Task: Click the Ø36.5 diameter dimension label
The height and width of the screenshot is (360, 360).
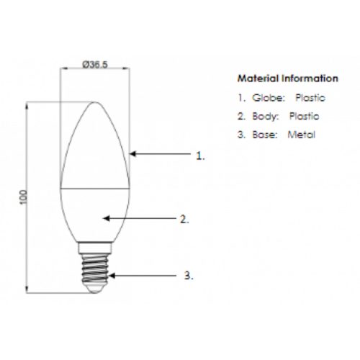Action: click(x=95, y=64)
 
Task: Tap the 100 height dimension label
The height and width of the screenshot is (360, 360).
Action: click(x=23, y=197)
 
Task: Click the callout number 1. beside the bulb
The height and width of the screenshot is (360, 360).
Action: click(x=200, y=156)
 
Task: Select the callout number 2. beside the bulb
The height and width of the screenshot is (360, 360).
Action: click(x=184, y=219)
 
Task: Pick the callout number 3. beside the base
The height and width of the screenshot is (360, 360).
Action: click(x=189, y=275)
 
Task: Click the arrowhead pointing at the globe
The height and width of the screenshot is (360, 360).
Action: click(x=132, y=153)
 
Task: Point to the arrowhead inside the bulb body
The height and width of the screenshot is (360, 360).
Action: click(x=107, y=218)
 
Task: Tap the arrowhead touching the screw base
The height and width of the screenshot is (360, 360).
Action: click(x=112, y=276)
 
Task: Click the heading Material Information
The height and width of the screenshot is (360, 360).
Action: click(x=288, y=78)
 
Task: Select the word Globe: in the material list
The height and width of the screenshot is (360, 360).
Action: click(x=269, y=98)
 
